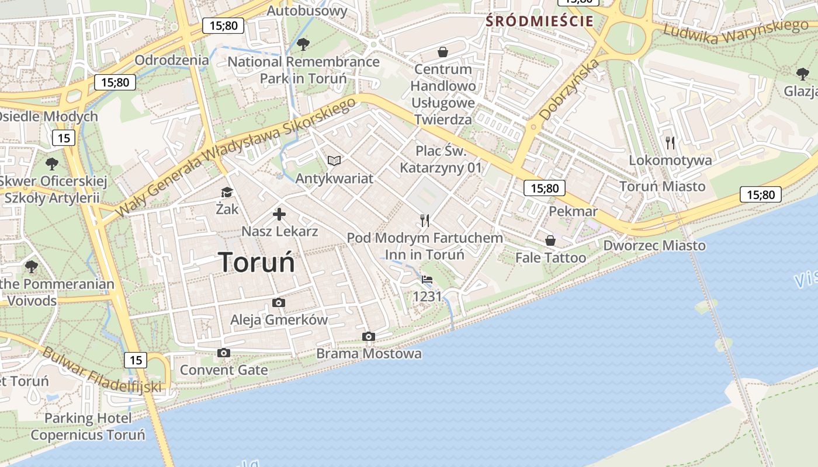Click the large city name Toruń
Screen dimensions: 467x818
coord(257,263)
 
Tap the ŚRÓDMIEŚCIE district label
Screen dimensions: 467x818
coord(539,22)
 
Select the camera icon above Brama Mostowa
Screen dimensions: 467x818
coord(368,336)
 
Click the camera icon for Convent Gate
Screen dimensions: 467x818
coord(223,353)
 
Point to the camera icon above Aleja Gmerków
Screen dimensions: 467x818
coord(279,302)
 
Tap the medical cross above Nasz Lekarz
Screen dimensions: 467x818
coord(279,214)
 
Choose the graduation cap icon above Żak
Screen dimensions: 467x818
coord(226,192)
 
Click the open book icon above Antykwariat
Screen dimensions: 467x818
coord(334,161)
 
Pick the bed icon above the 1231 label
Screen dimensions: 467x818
coord(427,280)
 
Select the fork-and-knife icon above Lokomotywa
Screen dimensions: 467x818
coord(670,142)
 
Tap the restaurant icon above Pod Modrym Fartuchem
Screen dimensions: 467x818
coord(425,220)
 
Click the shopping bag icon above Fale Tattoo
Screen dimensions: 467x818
coord(550,241)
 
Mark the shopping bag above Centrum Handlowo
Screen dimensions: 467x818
coord(443,52)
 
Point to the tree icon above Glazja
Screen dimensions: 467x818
coord(803,74)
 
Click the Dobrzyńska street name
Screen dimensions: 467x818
coord(569,89)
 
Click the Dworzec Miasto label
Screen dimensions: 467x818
coord(654,246)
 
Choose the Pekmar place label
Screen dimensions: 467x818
coord(573,211)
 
